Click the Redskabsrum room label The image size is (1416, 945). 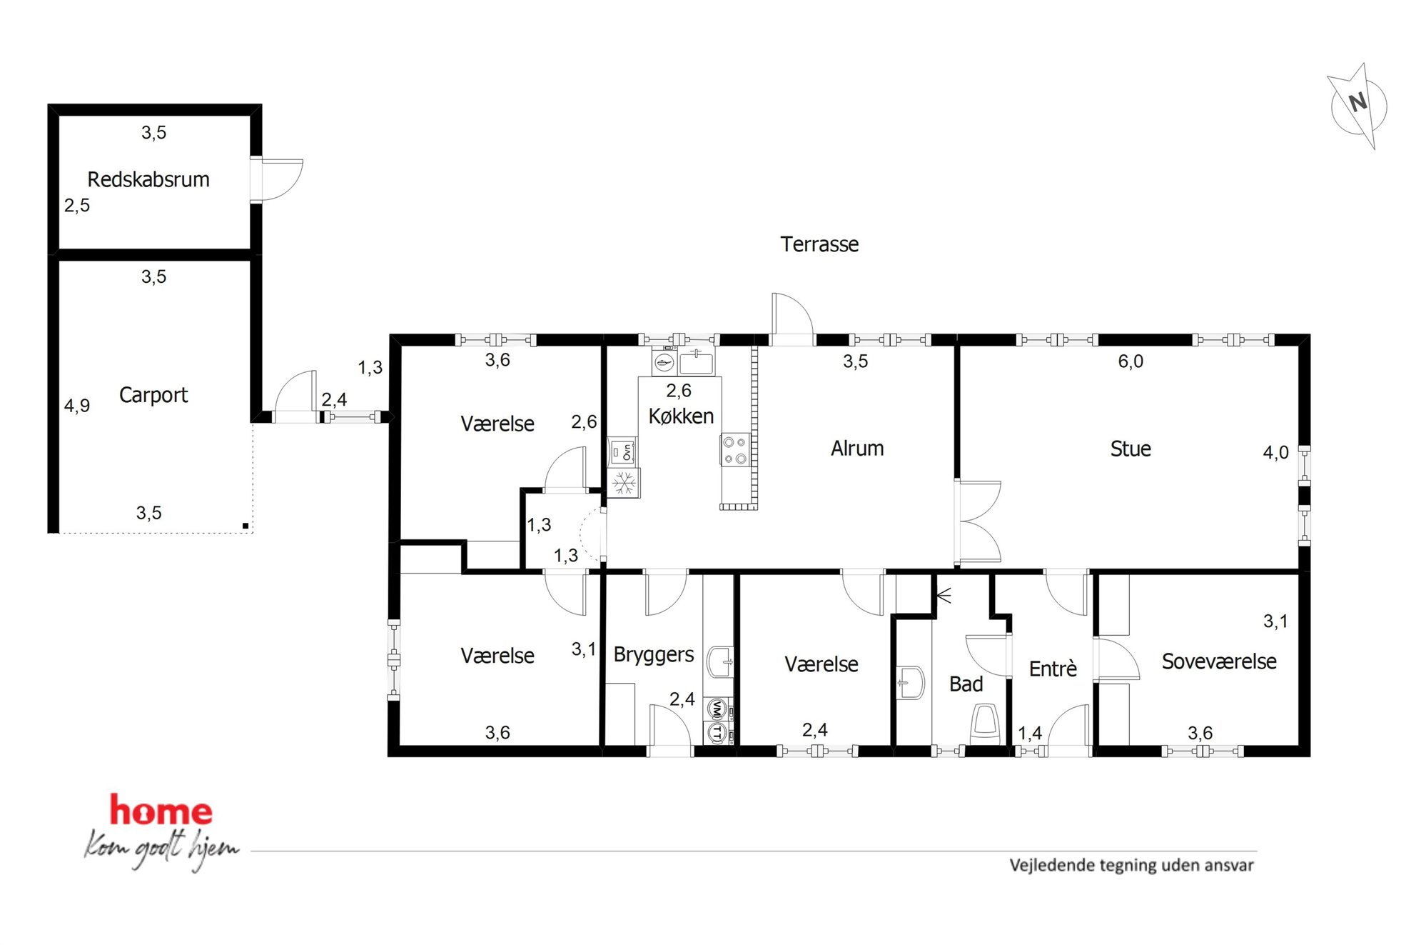tap(148, 179)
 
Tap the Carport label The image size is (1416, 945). tap(153, 395)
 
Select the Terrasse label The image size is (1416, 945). tap(819, 244)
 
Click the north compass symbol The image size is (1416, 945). tap(1357, 106)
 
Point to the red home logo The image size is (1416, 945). tap(161, 811)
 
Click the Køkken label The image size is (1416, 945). tap(681, 416)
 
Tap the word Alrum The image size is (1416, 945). tap(857, 449)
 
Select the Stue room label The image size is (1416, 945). tap(1131, 449)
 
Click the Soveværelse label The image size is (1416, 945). tap(1219, 661)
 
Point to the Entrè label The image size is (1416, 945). tap(1053, 669)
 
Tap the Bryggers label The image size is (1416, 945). tap(654, 655)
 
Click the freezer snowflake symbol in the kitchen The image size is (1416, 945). tap(624, 483)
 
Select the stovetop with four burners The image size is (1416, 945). tap(735, 450)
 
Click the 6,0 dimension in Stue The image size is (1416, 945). tap(1131, 361)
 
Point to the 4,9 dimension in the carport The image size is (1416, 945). tap(77, 406)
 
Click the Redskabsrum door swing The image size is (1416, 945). tap(278, 179)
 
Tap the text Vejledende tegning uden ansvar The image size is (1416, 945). tap(1131, 865)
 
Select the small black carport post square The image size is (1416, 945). tap(246, 526)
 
